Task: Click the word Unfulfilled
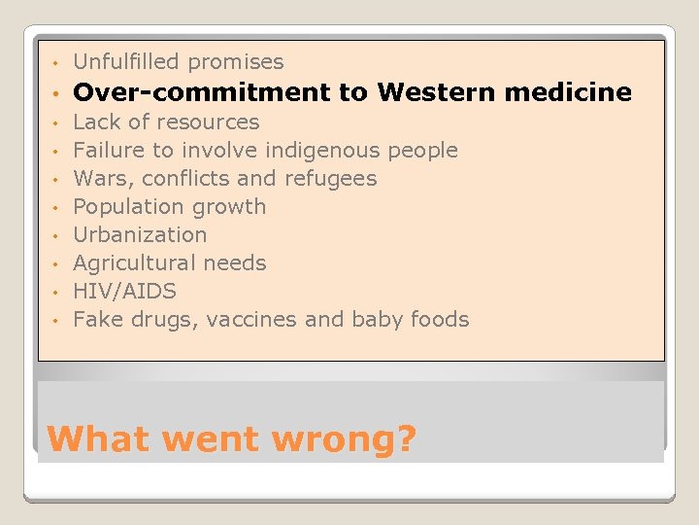click(127, 62)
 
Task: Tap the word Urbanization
click(140, 235)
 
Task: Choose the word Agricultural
click(133, 263)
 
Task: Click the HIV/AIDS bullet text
click(124, 292)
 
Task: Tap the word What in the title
click(96, 438)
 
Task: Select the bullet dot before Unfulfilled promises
click(57, 64)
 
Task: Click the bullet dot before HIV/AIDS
click(57, 293)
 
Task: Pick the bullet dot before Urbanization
click(57, 236)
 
